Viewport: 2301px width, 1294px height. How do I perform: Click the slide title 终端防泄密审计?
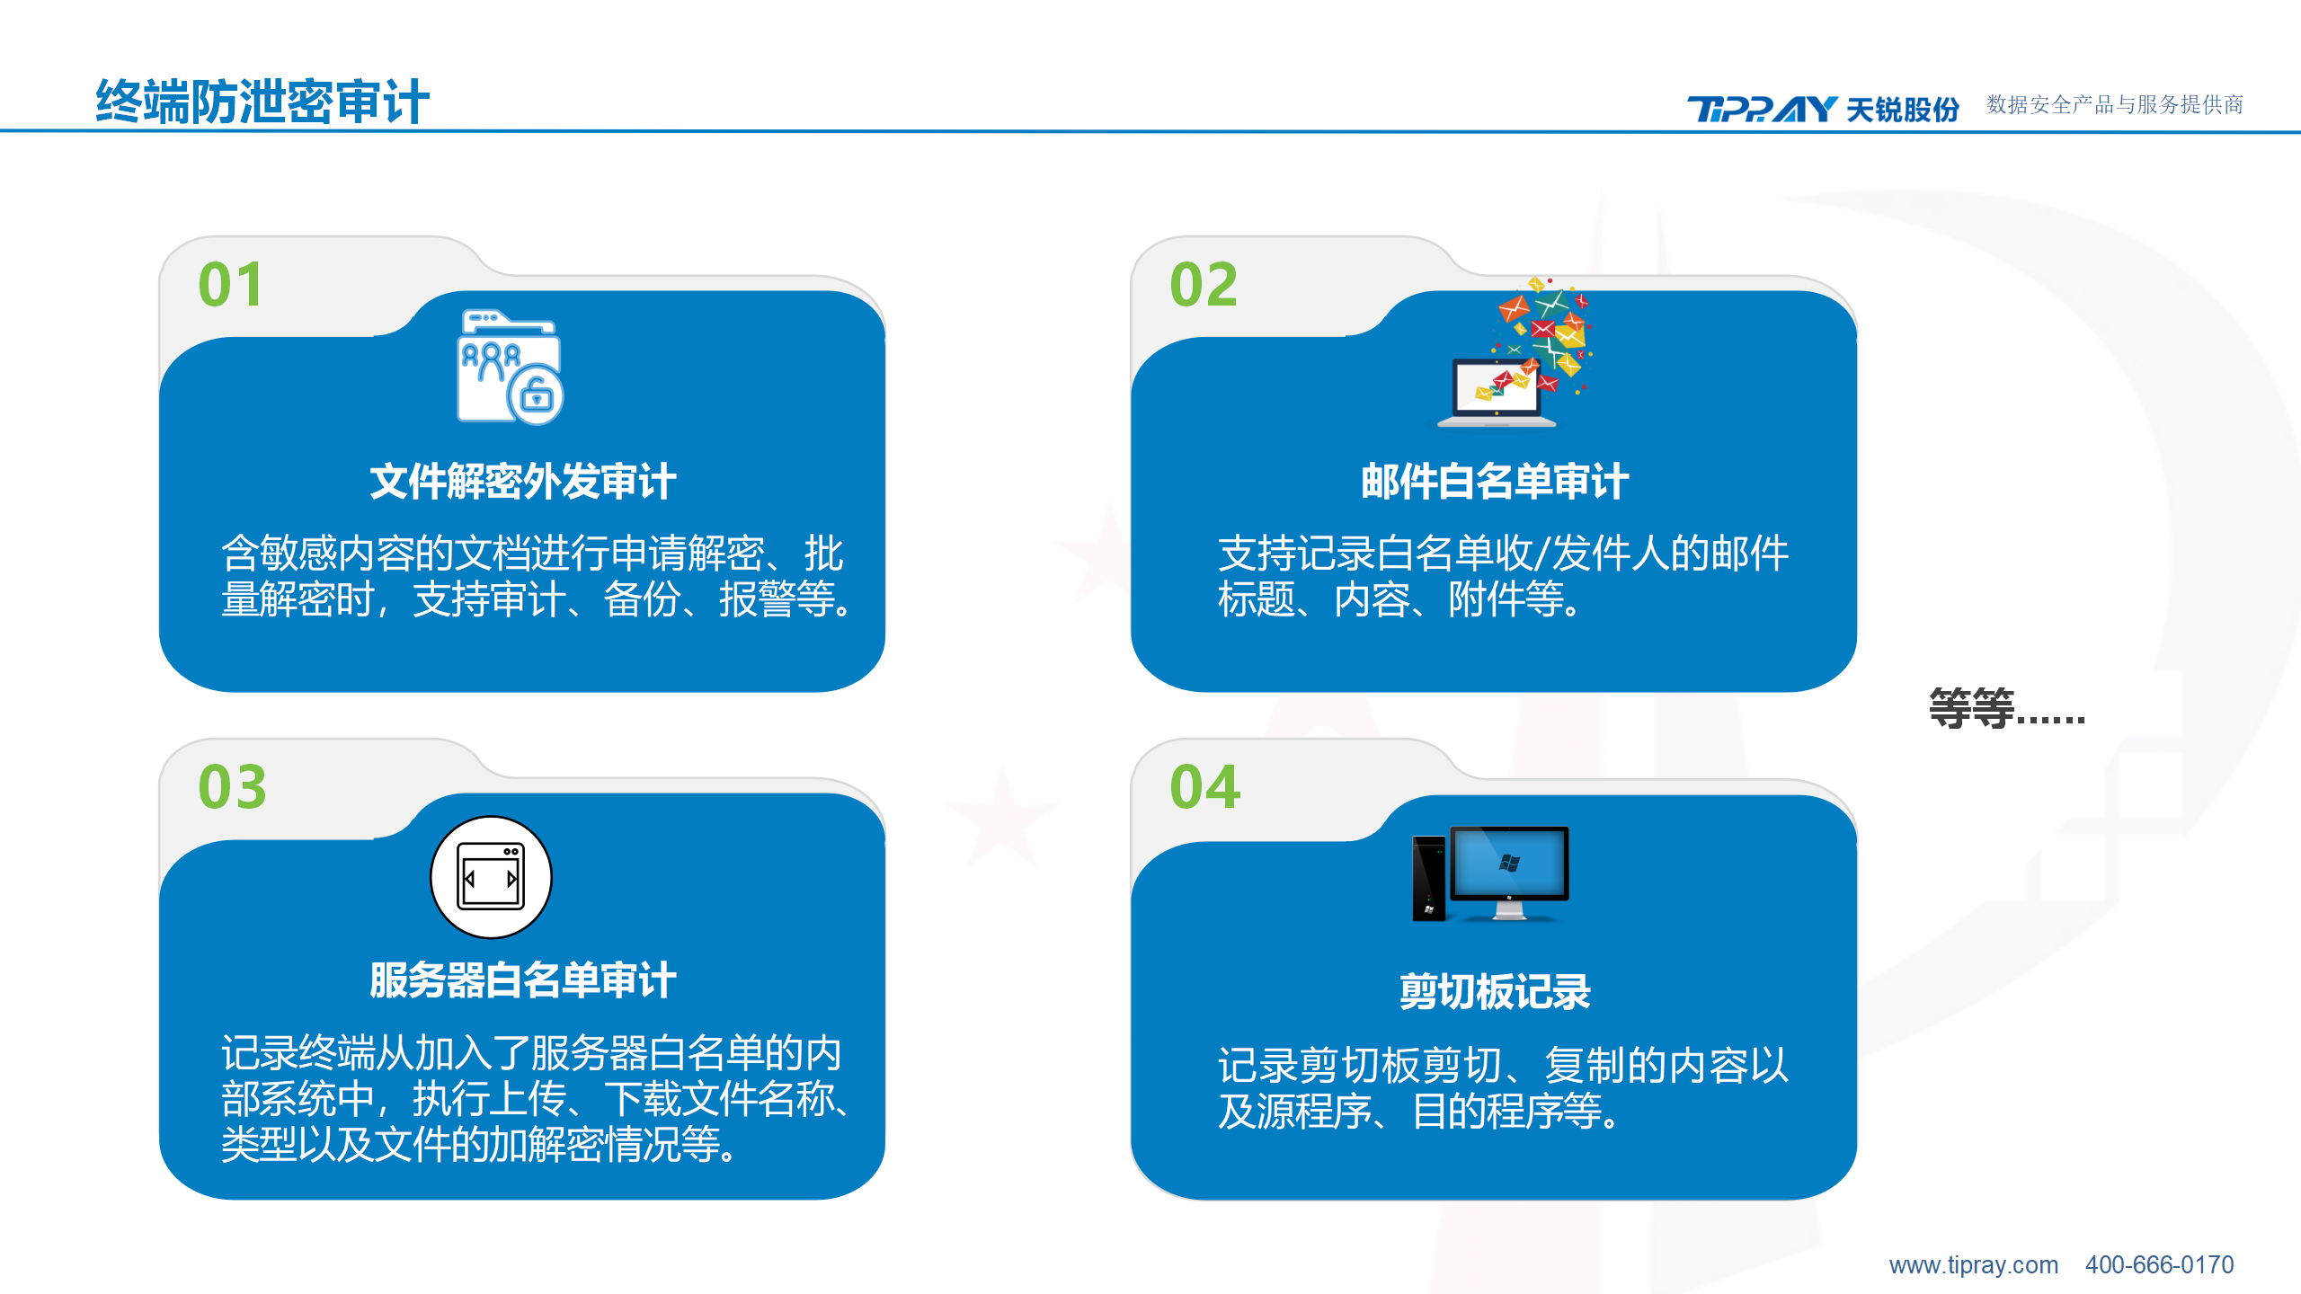coord(262,101)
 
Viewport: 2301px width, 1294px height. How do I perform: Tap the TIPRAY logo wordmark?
coord(1761,109)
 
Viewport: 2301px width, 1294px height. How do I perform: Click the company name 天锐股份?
coord(1903,109)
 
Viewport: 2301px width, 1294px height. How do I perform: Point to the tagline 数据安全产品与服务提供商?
coord(2114,105)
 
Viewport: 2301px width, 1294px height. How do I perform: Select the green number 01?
coord(231,285)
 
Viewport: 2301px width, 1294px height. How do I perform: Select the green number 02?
coord(1204,285)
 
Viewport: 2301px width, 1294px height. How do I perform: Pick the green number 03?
coord(232,787)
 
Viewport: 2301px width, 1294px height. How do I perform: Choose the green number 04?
coord(1204,787)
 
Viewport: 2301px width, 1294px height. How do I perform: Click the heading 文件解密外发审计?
coord(522,482)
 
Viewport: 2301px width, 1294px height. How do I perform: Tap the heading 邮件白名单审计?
coord(1494,482)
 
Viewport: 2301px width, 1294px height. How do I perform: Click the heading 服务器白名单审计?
coord(522,980)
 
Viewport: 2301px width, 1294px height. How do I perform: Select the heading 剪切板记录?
coord(1494,992)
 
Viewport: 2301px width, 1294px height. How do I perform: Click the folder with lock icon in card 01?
coord(510,367)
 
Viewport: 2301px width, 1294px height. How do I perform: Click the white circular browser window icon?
coord(491,877)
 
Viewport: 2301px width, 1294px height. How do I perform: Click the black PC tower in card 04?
coord(1429,878)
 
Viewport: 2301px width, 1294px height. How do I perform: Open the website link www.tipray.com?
coord(1973,1265)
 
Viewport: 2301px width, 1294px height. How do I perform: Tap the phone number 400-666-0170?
coord(2159,1265)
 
